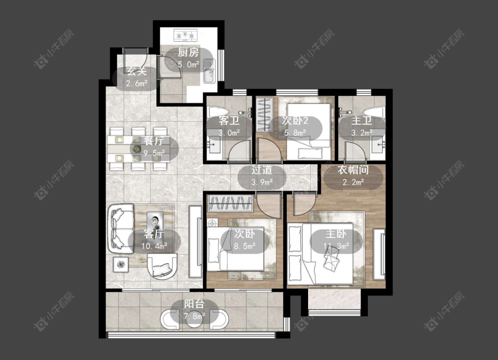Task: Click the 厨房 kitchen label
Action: click(x=188, y=53)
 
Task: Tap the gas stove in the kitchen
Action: click(x=185, y=35)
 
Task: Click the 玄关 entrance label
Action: click(x=137, y=72)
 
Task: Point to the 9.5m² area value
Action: click(x=154, y=153)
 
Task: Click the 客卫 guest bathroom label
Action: click(x=229, y=121)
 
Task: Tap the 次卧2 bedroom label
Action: click(x=295, y=121)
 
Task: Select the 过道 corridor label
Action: click(x=262, y=170)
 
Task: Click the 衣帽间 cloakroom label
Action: click(x=353, y=170)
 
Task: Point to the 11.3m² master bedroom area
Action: click(x=336, y=246)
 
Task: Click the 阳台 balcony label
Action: click(x=194, y=304)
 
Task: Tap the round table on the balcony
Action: click(x=194, y=320)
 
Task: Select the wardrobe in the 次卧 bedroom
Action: click(x=230, y=203)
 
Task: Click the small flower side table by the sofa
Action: click(x=121, y=264)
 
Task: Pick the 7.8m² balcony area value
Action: click(x=194, y=316)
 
